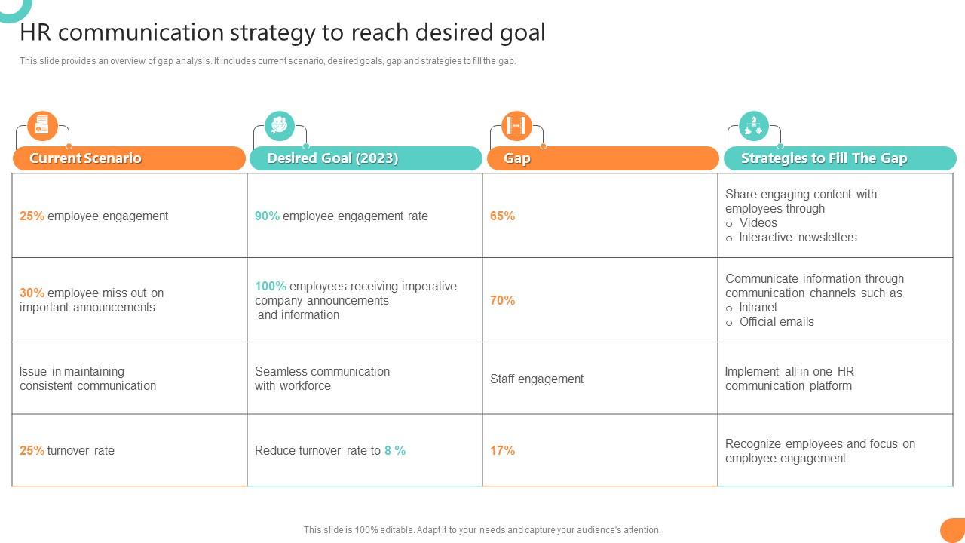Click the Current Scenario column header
129,158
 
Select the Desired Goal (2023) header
365,158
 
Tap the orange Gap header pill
602,158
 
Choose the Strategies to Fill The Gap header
840,158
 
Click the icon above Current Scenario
42,126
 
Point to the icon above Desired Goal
280,126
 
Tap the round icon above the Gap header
516,126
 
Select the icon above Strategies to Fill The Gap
754,126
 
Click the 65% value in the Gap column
502,216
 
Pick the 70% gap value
502,300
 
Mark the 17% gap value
502,450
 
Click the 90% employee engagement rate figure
267,216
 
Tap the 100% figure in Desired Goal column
270,286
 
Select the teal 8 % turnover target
395,450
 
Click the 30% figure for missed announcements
32,293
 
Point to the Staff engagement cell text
536,379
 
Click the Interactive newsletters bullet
798,237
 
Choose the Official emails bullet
777,321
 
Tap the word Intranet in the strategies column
758,307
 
